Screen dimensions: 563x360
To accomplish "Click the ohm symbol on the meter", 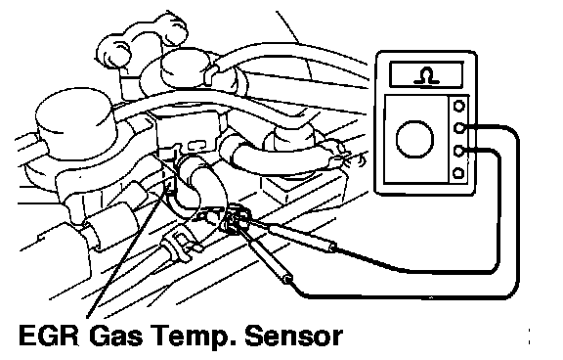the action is pos(426,75).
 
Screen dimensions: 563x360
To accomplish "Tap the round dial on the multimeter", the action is pos(414,139).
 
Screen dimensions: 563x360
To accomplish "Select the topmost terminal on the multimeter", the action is pos(458,106).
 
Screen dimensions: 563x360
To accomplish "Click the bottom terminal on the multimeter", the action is pos(458,173).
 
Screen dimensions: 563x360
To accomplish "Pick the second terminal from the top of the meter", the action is pos(458,128).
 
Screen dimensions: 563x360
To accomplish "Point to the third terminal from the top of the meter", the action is pos(458,151).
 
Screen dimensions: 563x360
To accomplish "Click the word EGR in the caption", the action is pos(49,336).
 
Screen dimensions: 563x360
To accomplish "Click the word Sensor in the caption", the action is pos(292,336).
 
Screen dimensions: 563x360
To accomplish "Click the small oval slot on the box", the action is pos(196,145).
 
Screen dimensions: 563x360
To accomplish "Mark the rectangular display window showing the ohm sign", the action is pos(426,74).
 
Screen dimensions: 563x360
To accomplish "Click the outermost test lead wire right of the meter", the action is pos(518,215).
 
